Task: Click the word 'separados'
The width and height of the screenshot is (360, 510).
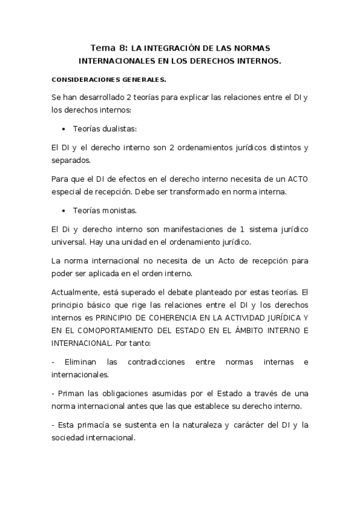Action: pyautogui.click(x=71, y=161)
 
